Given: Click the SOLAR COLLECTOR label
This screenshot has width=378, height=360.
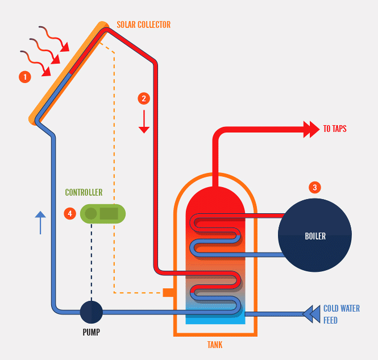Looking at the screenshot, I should (x=143, y=25).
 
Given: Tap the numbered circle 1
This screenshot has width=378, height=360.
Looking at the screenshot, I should (x=24, y=76).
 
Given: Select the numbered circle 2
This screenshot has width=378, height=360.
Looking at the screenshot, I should (x=144, y=98).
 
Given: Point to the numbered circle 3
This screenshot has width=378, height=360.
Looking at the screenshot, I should (x=314, y=187).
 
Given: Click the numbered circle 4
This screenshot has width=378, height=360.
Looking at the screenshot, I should (x=70, y=213).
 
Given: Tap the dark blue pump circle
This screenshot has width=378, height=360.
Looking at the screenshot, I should (x=91, y=312).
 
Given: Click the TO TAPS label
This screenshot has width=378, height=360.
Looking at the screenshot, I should (x=335, y=129).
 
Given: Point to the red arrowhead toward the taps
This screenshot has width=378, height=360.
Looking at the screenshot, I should (x=312, y=129).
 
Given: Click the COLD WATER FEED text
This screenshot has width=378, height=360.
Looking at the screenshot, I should (x=341, y=315).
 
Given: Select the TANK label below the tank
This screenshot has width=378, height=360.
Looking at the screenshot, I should (x=215, y=345).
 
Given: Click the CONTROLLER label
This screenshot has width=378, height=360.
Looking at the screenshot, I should (x=84, y=193).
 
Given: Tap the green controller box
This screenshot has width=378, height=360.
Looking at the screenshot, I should (x=103, y=214).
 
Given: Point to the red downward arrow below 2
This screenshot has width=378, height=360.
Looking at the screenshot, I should (x=144, y=122).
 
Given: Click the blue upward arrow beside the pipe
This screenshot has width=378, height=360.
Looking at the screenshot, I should (x=40, y=222).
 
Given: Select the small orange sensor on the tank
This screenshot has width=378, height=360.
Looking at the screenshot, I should (x=168, y=292).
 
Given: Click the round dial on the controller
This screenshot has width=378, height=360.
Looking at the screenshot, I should (x=91, y=214).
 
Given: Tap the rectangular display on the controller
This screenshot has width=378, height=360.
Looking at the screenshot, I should (x=109, y=214).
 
